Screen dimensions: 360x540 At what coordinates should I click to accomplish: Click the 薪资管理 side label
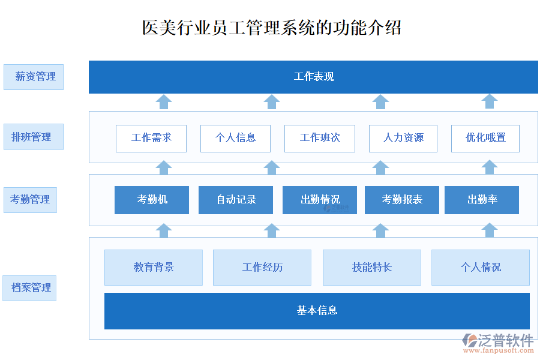point(34,77)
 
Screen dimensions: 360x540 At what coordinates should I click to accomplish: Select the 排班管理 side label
point(33,137)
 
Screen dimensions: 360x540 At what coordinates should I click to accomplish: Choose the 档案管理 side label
point(29,288)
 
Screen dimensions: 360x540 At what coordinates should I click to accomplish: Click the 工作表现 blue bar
point(313,77)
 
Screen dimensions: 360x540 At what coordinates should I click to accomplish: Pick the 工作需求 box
point(151,138)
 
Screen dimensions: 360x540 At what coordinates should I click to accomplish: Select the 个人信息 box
point(235,138)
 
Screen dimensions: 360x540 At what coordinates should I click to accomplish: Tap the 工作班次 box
point(320,138)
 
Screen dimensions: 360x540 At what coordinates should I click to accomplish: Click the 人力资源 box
point(403,138)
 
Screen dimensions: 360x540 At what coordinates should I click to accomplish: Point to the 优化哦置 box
point(485,138)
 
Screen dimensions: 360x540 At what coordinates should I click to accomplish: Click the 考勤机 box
point(152,200)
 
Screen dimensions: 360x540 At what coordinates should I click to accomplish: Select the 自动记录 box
point(236,200)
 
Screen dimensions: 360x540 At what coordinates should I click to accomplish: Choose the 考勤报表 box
point(402,200)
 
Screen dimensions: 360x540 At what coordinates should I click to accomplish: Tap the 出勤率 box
point(482,200)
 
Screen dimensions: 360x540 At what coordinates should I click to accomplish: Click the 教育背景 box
point(154,268)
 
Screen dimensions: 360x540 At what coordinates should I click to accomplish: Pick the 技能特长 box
point(372,268)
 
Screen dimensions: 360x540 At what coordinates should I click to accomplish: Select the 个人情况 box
point(481,268)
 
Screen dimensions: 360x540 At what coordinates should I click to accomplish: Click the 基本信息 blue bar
point(317,311)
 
